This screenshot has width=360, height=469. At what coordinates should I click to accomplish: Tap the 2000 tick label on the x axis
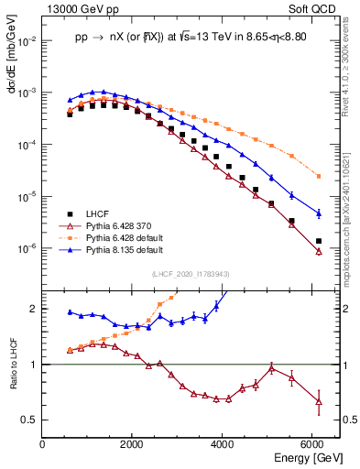coord(132,444)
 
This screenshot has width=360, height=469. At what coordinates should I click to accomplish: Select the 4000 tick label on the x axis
coord(223,444)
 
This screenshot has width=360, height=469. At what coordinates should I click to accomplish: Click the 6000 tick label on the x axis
coord(312,444)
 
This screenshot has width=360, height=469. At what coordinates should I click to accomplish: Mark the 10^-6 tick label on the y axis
coord(27,248)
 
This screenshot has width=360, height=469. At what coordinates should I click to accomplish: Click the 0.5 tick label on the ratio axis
coord(30,420)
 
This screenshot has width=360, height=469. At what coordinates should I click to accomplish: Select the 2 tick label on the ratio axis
coord(34,309)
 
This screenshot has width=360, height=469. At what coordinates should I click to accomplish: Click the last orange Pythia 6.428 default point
coord(318,176)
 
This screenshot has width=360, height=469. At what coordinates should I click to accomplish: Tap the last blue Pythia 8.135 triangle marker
coord(318,213)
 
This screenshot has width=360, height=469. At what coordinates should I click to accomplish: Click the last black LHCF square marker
coord(318,241)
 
